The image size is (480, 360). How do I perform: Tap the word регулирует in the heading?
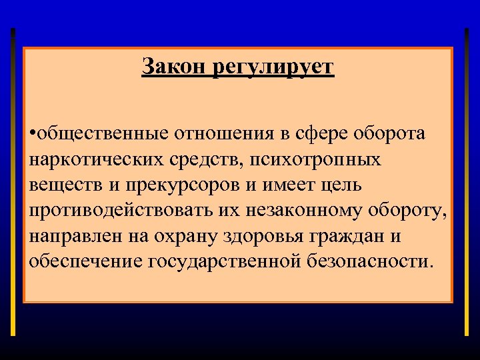click(273, 68)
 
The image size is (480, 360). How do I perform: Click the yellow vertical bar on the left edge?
click(13, 180)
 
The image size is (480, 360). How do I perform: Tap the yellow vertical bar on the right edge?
click(466, 180)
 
